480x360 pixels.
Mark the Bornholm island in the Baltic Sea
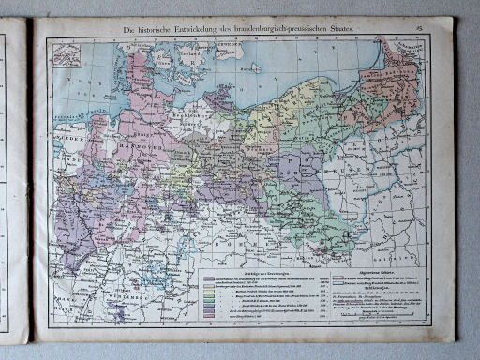pyautogui.click(x=257, y=67)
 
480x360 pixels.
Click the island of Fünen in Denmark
pyautogui.click(x=148, y=69)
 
